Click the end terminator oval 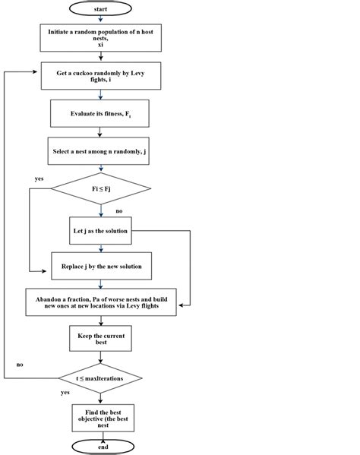tap(101, 447)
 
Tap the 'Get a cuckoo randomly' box tap(100, 77)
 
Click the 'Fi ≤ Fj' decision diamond tap(100, 188)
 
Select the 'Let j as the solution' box tap(100, 230)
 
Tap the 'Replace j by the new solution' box tap(101, 266)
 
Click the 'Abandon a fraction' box tap(101, 303)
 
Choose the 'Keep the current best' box tap(100, 339)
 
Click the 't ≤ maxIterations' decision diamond tap(100, 376)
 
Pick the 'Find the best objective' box tap(102, 417)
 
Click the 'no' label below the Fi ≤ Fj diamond tap(119, 210)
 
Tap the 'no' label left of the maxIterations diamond tap(20, 365)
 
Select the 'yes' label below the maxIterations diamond tap(65, 393)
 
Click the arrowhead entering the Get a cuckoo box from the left tap(37, 72)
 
